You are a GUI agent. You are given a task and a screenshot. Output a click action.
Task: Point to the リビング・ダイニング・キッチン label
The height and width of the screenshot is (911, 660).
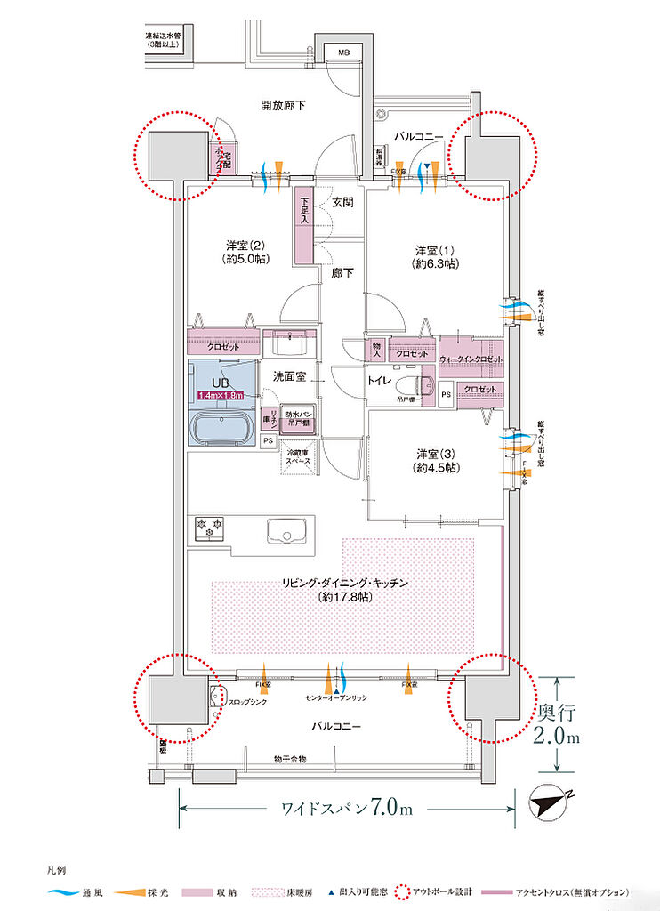[345, 590]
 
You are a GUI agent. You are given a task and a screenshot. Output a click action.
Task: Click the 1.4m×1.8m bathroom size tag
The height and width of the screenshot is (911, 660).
[221, 394]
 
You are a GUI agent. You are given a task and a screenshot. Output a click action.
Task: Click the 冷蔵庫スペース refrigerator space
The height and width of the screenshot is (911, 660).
[299, 459]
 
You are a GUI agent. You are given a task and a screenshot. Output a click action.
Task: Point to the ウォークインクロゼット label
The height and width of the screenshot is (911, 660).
[471, 359]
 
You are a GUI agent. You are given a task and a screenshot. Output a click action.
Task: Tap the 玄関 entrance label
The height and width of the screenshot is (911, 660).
[343, 203]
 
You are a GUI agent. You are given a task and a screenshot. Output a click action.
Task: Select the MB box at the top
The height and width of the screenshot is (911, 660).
[342, 53]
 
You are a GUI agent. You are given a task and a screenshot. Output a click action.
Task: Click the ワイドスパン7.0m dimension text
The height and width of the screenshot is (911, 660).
[347, 809]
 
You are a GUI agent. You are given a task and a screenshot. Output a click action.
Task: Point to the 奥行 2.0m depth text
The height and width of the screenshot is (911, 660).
[559, 724]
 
